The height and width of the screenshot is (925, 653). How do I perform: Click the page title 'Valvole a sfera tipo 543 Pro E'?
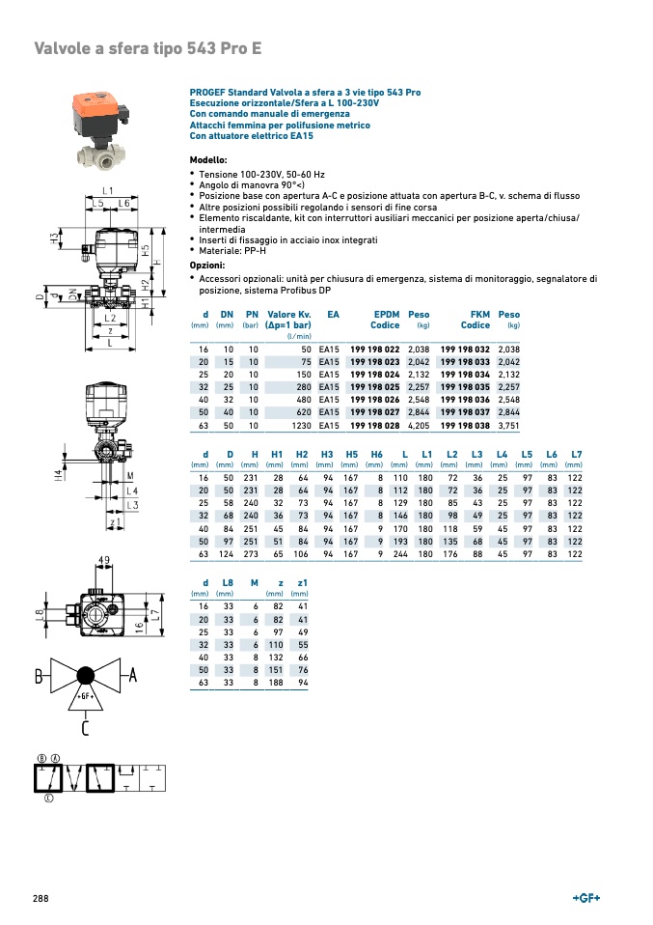(148, 47)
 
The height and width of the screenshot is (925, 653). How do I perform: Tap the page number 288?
(41, 898)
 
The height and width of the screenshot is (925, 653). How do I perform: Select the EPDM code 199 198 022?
(374, 349)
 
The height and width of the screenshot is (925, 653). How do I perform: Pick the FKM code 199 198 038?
(465, 425)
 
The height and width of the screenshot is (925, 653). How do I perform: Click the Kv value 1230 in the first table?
(300, 425)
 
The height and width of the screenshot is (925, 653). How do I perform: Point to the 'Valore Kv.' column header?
(288, 315)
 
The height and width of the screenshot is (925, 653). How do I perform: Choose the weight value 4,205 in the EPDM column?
(419, 425)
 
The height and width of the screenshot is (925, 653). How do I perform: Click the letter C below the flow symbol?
(86, 727)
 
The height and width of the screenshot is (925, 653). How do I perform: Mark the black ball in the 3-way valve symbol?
(85, 675)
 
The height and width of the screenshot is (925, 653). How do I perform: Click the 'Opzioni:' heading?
(206, 266)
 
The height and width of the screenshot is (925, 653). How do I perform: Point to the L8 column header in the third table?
(228, 582)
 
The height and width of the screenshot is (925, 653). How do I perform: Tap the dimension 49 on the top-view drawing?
(104, 560)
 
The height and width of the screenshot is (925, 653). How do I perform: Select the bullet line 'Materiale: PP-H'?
(237, 251)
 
